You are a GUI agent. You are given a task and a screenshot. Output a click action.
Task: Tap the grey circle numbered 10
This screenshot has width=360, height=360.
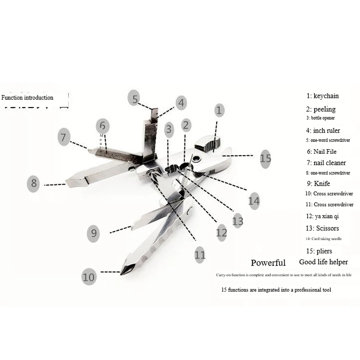click(x=89, y=276)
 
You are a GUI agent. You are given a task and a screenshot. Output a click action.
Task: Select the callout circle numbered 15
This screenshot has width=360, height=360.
click(x=265, y=158)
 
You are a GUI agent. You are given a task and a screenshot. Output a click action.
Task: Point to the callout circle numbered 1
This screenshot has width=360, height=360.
click(x=219, y=109)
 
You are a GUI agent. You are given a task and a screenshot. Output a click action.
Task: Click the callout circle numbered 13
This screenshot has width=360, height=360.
click(x=237, y=220)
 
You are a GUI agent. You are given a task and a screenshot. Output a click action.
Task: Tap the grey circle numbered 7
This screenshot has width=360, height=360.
click(x=64, y=137)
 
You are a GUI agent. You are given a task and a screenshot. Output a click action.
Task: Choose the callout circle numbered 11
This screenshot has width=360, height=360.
click(x=200, y=255)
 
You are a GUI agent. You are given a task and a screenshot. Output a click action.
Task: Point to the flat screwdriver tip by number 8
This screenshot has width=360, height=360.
click(x=69, y=182)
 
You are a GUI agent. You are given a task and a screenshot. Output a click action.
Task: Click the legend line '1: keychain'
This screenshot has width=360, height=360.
click(x=323, y=96)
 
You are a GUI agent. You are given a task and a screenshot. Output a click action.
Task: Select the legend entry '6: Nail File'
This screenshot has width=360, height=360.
click(x=322, y=152)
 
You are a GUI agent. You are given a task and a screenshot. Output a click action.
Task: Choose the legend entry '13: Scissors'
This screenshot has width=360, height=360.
click(x=322, y=228)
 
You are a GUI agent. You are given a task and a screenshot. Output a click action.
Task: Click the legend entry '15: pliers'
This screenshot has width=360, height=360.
click(x=319, y=251)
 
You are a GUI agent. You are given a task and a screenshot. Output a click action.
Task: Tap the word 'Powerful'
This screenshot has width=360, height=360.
click(x=268, y=263)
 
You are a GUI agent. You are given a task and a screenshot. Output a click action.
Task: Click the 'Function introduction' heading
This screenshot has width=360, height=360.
click(x=27, y=97)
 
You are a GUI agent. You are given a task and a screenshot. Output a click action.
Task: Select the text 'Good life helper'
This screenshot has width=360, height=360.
click(x=323, y=262)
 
